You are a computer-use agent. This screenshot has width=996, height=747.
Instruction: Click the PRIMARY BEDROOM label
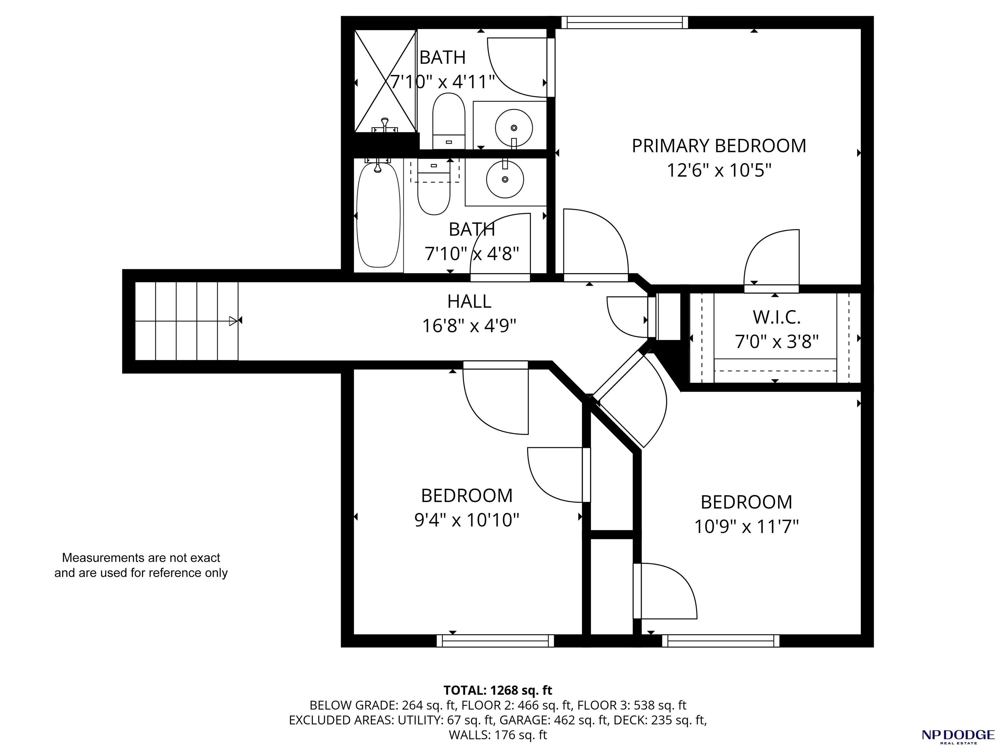point(719,146)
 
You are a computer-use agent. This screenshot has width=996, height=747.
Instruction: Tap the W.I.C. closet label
point(777,318)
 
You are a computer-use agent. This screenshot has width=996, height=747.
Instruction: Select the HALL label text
point(469,301)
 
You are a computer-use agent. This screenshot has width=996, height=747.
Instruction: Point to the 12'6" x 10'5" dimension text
point(719,171)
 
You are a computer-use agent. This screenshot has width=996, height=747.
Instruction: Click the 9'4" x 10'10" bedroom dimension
point(467,520)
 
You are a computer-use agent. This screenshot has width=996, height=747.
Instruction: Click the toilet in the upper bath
point(448,121)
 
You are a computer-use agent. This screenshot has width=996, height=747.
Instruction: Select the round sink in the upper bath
point(514,128)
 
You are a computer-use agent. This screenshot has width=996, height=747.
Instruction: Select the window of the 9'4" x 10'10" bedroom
point(495,641)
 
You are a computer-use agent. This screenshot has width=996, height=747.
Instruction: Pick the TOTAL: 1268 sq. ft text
point(498,690)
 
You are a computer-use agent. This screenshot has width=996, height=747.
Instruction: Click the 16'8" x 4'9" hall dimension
point(469,326)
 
